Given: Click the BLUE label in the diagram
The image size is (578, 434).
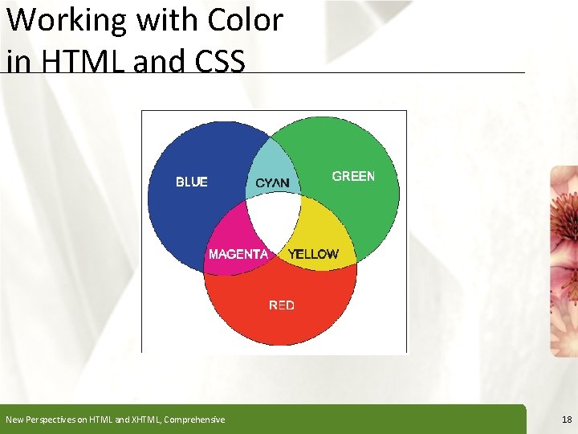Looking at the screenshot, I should click(x=191, y=182).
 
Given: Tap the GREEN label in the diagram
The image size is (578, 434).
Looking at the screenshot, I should click(x=353, y=176).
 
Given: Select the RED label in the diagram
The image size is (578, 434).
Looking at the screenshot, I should click(x=282, y=305).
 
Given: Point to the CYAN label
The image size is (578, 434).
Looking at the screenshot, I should click(x=272, y=183).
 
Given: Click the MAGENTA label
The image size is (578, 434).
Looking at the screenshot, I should click(x=238, y=254).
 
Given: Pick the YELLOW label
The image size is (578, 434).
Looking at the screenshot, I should click(x=313, y=254).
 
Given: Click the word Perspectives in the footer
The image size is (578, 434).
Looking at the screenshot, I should click(x=51, y=420).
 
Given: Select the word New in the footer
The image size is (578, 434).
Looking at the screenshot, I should click(x=14, y=420).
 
